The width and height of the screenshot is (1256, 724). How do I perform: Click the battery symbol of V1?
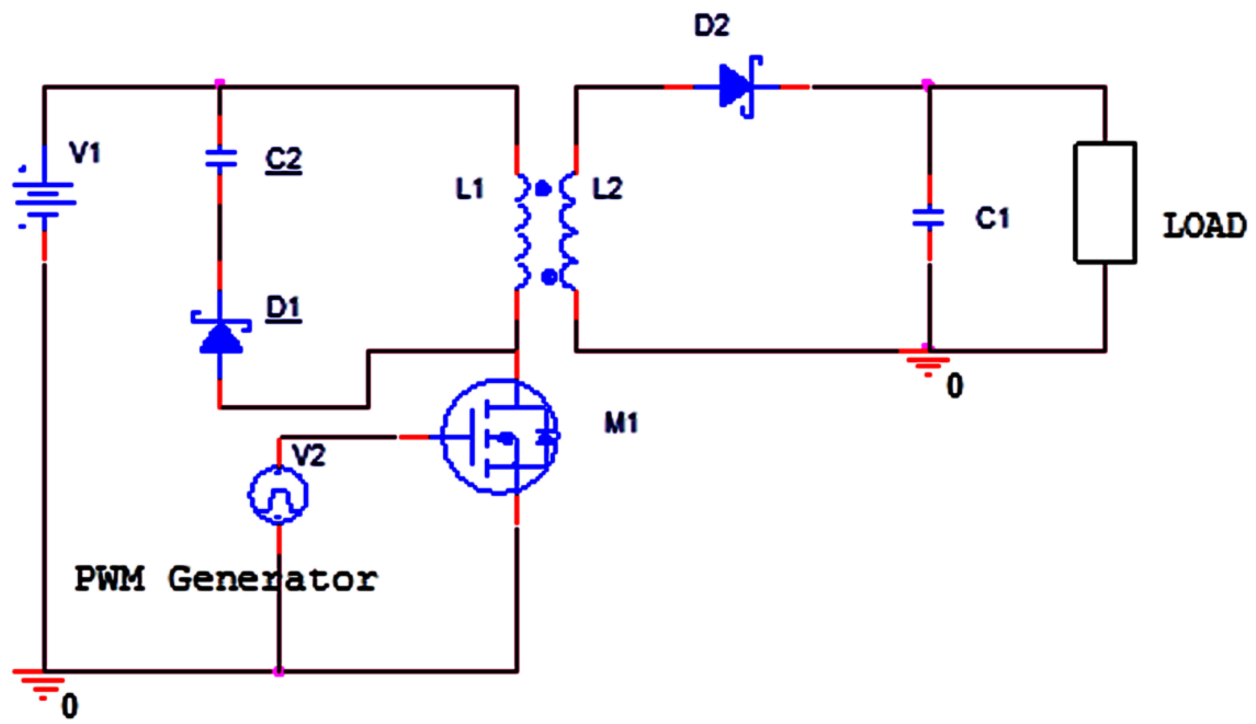tap(44, 198)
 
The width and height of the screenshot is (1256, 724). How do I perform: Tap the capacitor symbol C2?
tap(220, 159)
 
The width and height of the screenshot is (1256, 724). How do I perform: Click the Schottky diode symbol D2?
tap(739, 87)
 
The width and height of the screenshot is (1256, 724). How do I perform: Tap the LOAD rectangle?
tap(1105, 202)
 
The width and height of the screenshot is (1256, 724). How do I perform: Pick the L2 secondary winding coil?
tap(569, 231)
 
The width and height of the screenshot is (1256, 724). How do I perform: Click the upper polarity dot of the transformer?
tap(542, 189)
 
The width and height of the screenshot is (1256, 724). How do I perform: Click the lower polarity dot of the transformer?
tap(549, 277)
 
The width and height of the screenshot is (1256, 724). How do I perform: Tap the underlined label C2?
tap(283, 160)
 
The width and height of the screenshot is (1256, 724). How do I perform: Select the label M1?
tap(621, 423)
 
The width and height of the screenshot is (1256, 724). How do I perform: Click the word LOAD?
tap(1204, 226)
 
